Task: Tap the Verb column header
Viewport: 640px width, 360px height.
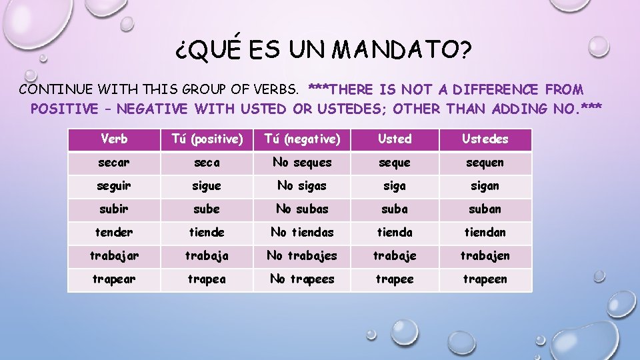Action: (114, 139)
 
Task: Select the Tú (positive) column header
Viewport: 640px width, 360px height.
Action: (206, 139)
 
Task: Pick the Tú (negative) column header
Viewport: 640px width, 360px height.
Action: (302, 139)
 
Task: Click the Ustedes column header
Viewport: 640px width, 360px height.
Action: (485, 139)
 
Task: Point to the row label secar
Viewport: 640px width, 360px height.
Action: (114, 163)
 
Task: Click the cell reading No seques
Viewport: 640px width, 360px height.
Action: (302, 163)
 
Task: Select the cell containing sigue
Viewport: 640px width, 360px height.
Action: (206, 186)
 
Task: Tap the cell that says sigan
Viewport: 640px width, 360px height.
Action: (485, 186)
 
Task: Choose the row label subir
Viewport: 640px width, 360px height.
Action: (114, 209)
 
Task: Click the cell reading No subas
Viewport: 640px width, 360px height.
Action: (302, 209)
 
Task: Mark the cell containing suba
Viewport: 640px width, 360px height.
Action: (395, 209)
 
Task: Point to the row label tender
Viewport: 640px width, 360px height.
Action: (114, 233)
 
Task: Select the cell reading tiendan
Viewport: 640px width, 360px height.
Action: (485, 233)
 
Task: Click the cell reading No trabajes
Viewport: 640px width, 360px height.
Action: (302, 256)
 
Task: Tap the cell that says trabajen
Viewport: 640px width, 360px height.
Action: (485, 256)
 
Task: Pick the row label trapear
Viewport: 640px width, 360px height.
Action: (114, 279)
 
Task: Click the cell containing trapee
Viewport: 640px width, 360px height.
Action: (395, 279)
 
